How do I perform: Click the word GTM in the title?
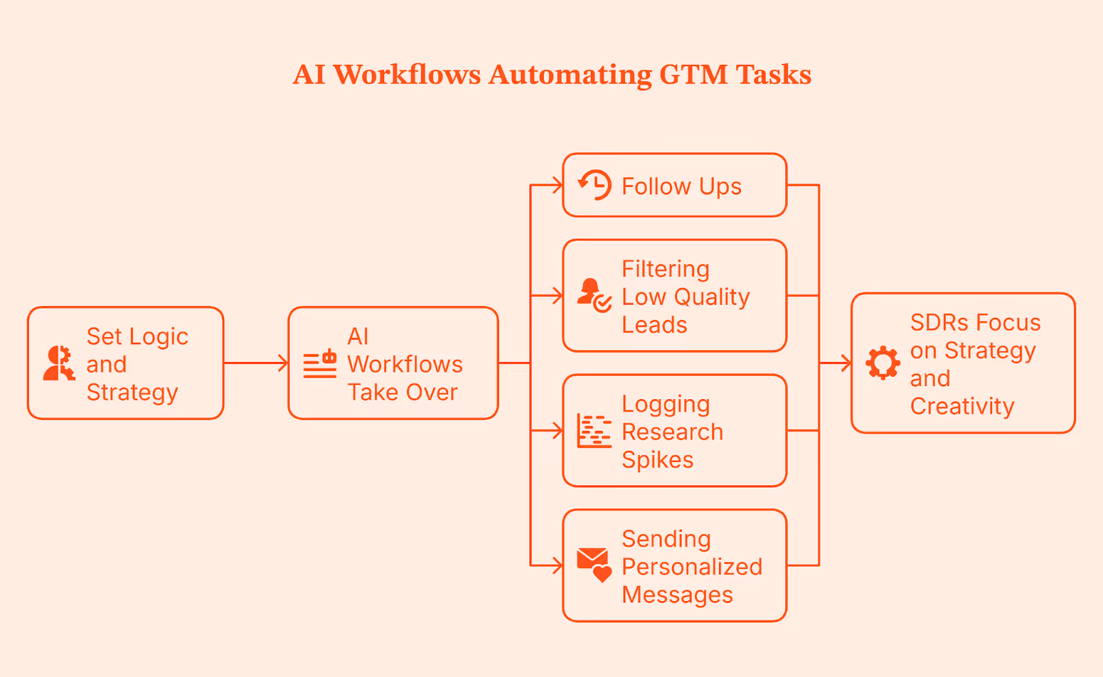693,74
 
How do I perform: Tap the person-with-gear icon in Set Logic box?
59,363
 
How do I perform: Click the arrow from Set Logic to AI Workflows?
256,363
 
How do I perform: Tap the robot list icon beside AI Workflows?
320,363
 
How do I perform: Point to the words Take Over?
403,392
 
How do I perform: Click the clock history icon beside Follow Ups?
595,185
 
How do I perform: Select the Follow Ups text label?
681,186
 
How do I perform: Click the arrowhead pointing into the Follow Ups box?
558,185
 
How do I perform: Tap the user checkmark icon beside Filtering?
594,295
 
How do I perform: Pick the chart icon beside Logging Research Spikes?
594,431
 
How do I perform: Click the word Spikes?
657,460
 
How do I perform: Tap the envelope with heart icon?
594,565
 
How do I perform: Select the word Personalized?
691,567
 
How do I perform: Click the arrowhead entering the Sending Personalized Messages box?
558,565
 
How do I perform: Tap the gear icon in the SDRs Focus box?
883,363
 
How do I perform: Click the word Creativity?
962,406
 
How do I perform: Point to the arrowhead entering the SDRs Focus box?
846,363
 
